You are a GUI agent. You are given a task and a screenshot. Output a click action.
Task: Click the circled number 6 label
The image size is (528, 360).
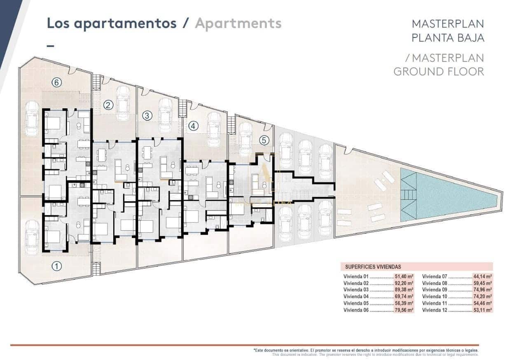57,82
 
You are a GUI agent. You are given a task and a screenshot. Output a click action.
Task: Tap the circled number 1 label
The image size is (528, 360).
57,266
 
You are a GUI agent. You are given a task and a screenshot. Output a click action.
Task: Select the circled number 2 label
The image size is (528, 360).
108,105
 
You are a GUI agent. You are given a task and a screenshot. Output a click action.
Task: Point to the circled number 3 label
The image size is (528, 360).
147,115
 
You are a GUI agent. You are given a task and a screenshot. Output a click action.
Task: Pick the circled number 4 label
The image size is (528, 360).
193,125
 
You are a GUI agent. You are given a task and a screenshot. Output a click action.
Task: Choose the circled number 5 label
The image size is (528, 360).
264,140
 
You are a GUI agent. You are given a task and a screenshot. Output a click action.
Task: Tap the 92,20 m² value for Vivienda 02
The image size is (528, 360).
404,283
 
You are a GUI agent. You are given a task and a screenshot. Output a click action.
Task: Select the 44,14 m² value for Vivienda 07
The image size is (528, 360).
483,277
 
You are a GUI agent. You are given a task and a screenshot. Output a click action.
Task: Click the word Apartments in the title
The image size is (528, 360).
238,23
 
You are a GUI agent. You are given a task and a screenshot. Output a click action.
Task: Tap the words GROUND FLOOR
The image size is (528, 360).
439,71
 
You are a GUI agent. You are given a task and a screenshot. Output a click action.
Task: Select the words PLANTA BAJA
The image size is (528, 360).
448,38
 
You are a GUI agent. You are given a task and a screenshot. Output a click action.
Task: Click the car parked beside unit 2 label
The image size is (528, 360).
123,103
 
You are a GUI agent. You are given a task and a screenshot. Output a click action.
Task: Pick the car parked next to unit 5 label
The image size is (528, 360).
245,139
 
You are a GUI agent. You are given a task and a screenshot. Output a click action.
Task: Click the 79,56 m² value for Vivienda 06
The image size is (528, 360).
404,310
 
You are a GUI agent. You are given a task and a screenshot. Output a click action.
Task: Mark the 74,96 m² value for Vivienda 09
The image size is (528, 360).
483,290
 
